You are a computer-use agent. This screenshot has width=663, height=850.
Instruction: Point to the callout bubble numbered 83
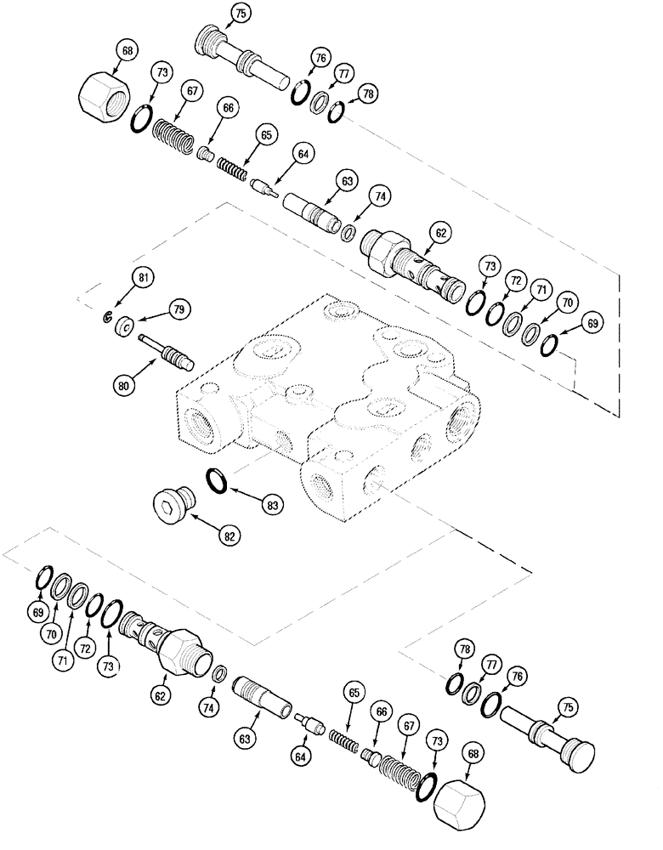click(272, 505)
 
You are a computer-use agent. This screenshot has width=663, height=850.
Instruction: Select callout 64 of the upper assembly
click(303, 155)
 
